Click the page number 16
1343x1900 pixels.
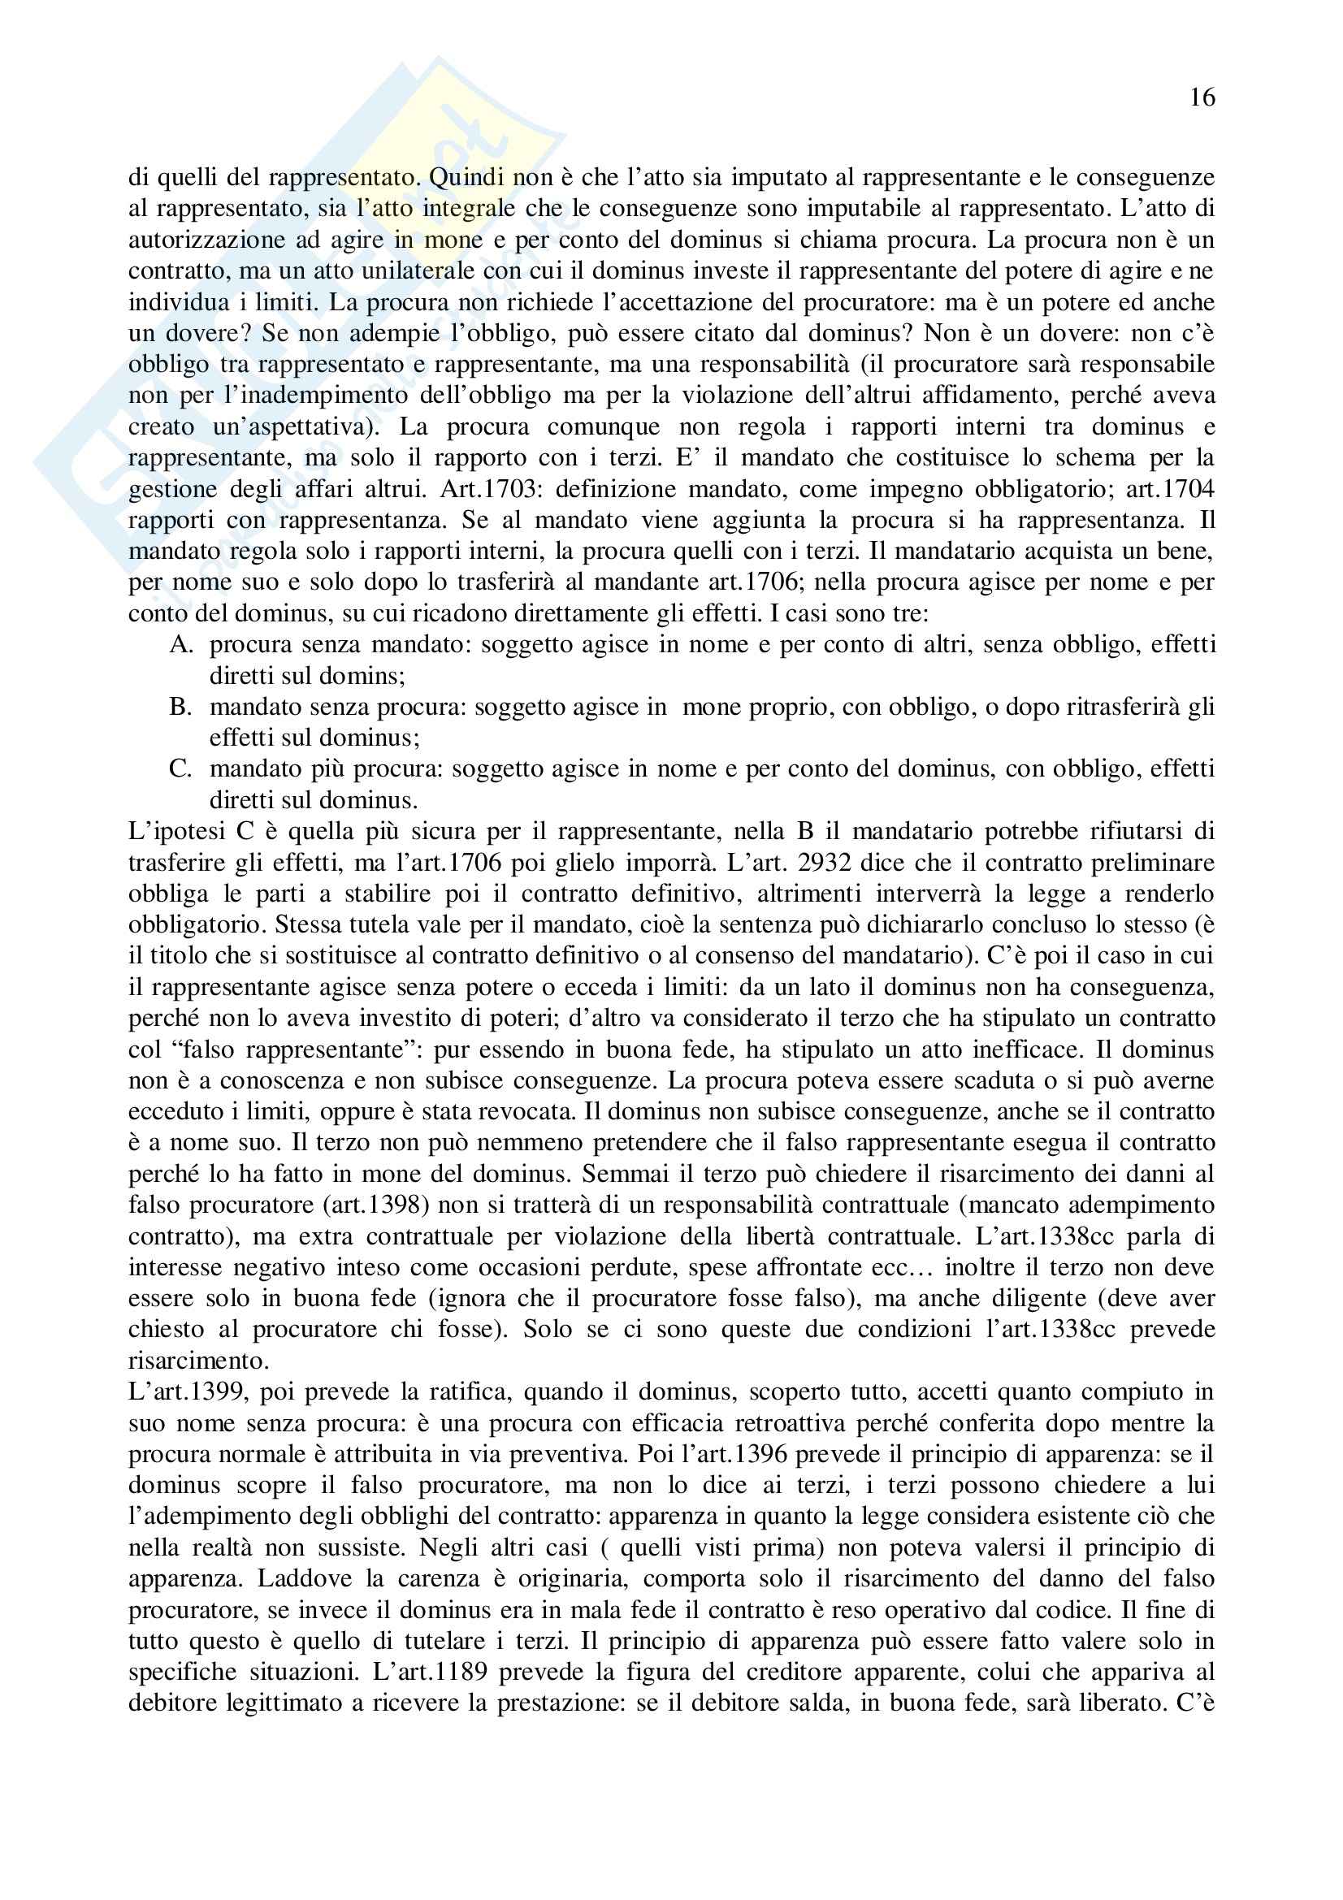pyautogui.click(x=1202, y=98)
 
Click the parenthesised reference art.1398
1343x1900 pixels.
pyautogui.click(x=326, y=1205)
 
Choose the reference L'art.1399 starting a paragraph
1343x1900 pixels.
pyautogui.click(x=188, y=1393)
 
